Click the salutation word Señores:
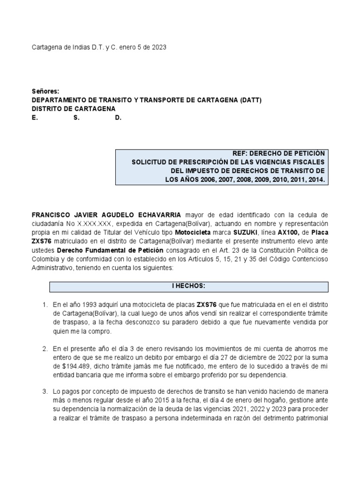point(45,91)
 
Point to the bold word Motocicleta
point(193,233)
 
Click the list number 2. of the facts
point(45,349)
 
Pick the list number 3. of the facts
point(45,391)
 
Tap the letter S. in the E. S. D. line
point(76,118)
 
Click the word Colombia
point(45,260)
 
